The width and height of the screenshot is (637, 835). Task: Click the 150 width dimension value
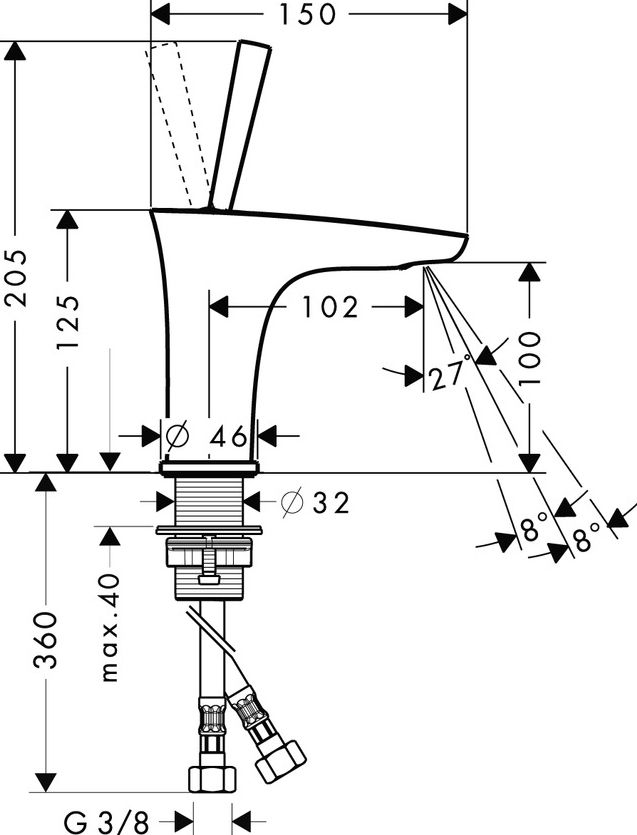pyautogui.click(x=308, y=14)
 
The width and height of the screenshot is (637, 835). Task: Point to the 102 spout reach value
pyautogui.click(x=326, y=307)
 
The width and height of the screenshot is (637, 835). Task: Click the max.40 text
pyautogui.click(x=109, y=628)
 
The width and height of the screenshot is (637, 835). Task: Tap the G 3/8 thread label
pyautogui.click(x=106, y=822)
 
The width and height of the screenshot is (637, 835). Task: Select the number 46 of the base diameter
pyautogui.click(x=229, y=436)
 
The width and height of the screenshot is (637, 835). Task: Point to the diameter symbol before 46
pyautogui.click(x=176, y=436)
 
